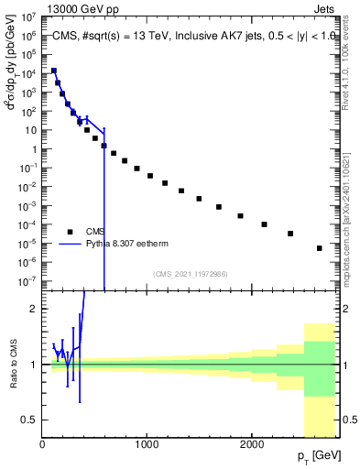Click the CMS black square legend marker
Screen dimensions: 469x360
click(x=70, y=231)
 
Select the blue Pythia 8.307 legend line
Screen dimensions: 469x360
click(x=70, y=245)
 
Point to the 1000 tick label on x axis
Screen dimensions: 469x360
click(x=146, y=443)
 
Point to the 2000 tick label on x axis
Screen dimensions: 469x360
click(x=250, y=443)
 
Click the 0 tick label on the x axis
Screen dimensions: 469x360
click(x=42, y=443)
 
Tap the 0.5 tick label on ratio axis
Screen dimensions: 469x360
click(x=27, y=420)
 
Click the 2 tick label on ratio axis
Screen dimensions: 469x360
click(x=33, y=309)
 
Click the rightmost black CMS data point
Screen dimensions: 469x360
click(x=320, y=248)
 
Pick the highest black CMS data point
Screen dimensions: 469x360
click(x=54, y=71)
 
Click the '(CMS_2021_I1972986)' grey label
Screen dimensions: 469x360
click(x=190, y=274)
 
